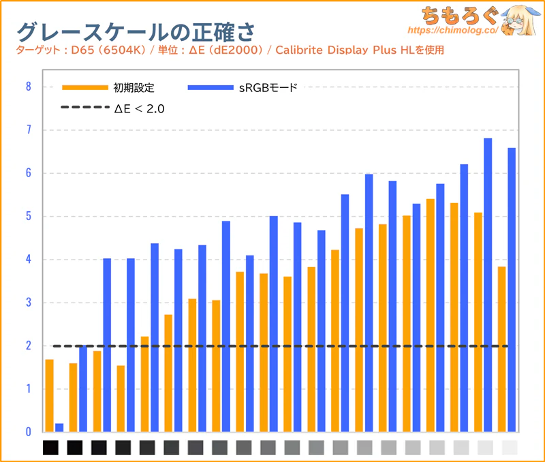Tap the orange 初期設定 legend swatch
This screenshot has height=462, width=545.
click(84, 87)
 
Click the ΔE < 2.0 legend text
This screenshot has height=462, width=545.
click(140, 108)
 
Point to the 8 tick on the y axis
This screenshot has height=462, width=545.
click(28, 87)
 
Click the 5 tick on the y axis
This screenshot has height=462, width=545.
click(28, 216)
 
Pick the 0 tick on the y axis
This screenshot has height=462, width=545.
click(28, 432)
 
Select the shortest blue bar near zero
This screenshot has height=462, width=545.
click(59, 428)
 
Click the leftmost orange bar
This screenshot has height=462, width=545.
click(49, 395)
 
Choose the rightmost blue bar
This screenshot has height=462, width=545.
click(512, 290)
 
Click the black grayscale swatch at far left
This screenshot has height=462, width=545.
click(50, 448)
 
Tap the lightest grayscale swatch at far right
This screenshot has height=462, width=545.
click(509, 448)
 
